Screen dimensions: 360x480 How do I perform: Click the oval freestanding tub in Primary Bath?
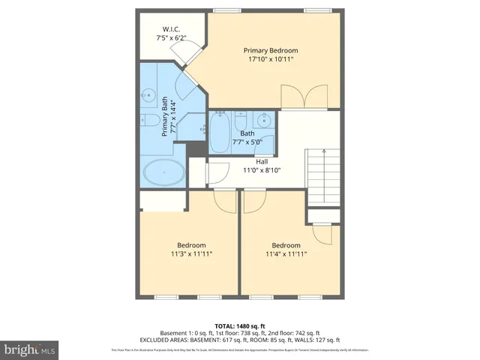[x=163, y=172]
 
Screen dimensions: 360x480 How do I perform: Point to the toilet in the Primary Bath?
[x=148, y=121]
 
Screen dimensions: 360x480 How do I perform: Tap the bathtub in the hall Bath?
[x=220, y=133]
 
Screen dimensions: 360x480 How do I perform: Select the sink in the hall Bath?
[x=264, y=120]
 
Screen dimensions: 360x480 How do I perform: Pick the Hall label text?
[x=261, y=161]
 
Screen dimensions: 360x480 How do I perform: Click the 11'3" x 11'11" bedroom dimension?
[x=191, y=254]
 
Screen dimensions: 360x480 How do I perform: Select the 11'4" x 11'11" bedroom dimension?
[x=286, y=254]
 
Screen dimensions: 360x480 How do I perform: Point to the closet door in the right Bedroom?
[x=323, y=234]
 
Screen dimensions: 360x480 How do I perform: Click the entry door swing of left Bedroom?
[x=224, y=199]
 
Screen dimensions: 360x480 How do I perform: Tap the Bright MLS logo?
[x=30, y=349]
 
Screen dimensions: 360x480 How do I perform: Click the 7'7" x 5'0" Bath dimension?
[x=247, y=142]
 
